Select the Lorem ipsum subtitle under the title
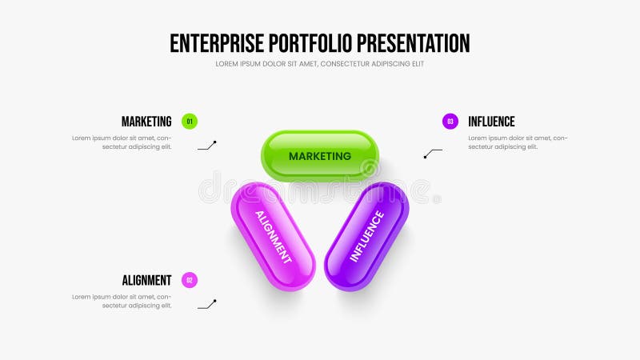tap(320, 64)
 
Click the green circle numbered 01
tap(190, 122)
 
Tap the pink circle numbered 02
tap(190, 280)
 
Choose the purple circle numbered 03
tap(450, 122)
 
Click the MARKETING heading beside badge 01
tap(146, 122)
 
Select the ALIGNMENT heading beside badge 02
tap(146, 280)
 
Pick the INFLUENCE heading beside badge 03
tap(491, 122)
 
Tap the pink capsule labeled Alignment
tap(273, 236)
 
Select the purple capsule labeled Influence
tap(367, 236)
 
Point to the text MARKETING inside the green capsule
tap(320, 156)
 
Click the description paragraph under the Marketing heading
tap(122, 142)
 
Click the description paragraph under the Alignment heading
tap(122, 301)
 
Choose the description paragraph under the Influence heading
tap(518, 142)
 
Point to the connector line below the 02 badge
tap(207, 305)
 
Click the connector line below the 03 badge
tap(433, 153)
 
